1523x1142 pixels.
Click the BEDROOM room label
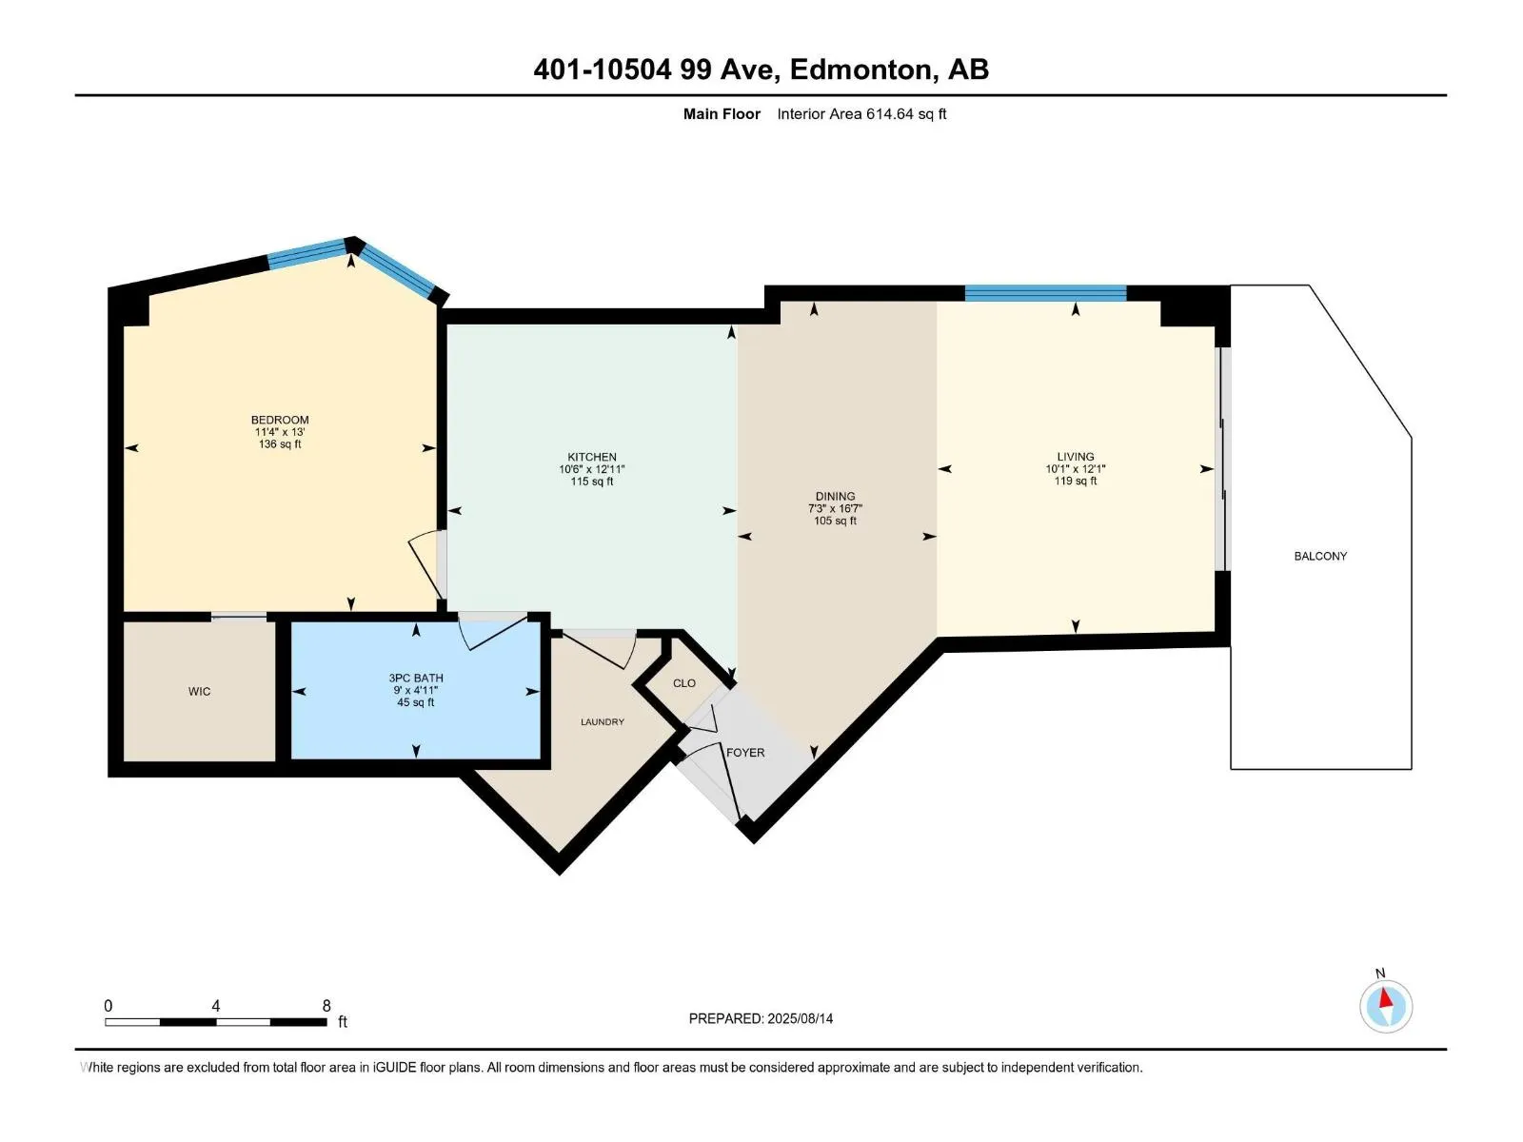[x=280, y=420]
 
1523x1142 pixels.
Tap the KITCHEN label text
[x=592, y=457]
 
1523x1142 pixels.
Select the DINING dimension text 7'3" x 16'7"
[x=835, y=508]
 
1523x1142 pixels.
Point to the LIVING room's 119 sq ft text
[x=1076, y=481]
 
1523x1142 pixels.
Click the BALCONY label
[x=1320, y=556]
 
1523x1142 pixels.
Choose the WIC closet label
[x=199, y=691]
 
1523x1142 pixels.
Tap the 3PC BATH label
[x=416, y=679]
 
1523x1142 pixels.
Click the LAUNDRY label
[x=603, y=721]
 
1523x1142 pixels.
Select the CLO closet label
[x=684, y=683]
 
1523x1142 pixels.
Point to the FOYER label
[x=745, y=753]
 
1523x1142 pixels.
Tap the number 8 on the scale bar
[x=326, y=1005]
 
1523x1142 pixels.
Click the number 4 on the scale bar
[x=216, y=1005]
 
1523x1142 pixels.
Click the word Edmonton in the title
[x=860, y=69]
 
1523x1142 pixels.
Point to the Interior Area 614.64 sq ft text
[x=861, y=113]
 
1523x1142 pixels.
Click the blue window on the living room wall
[x=1045, y=293]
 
